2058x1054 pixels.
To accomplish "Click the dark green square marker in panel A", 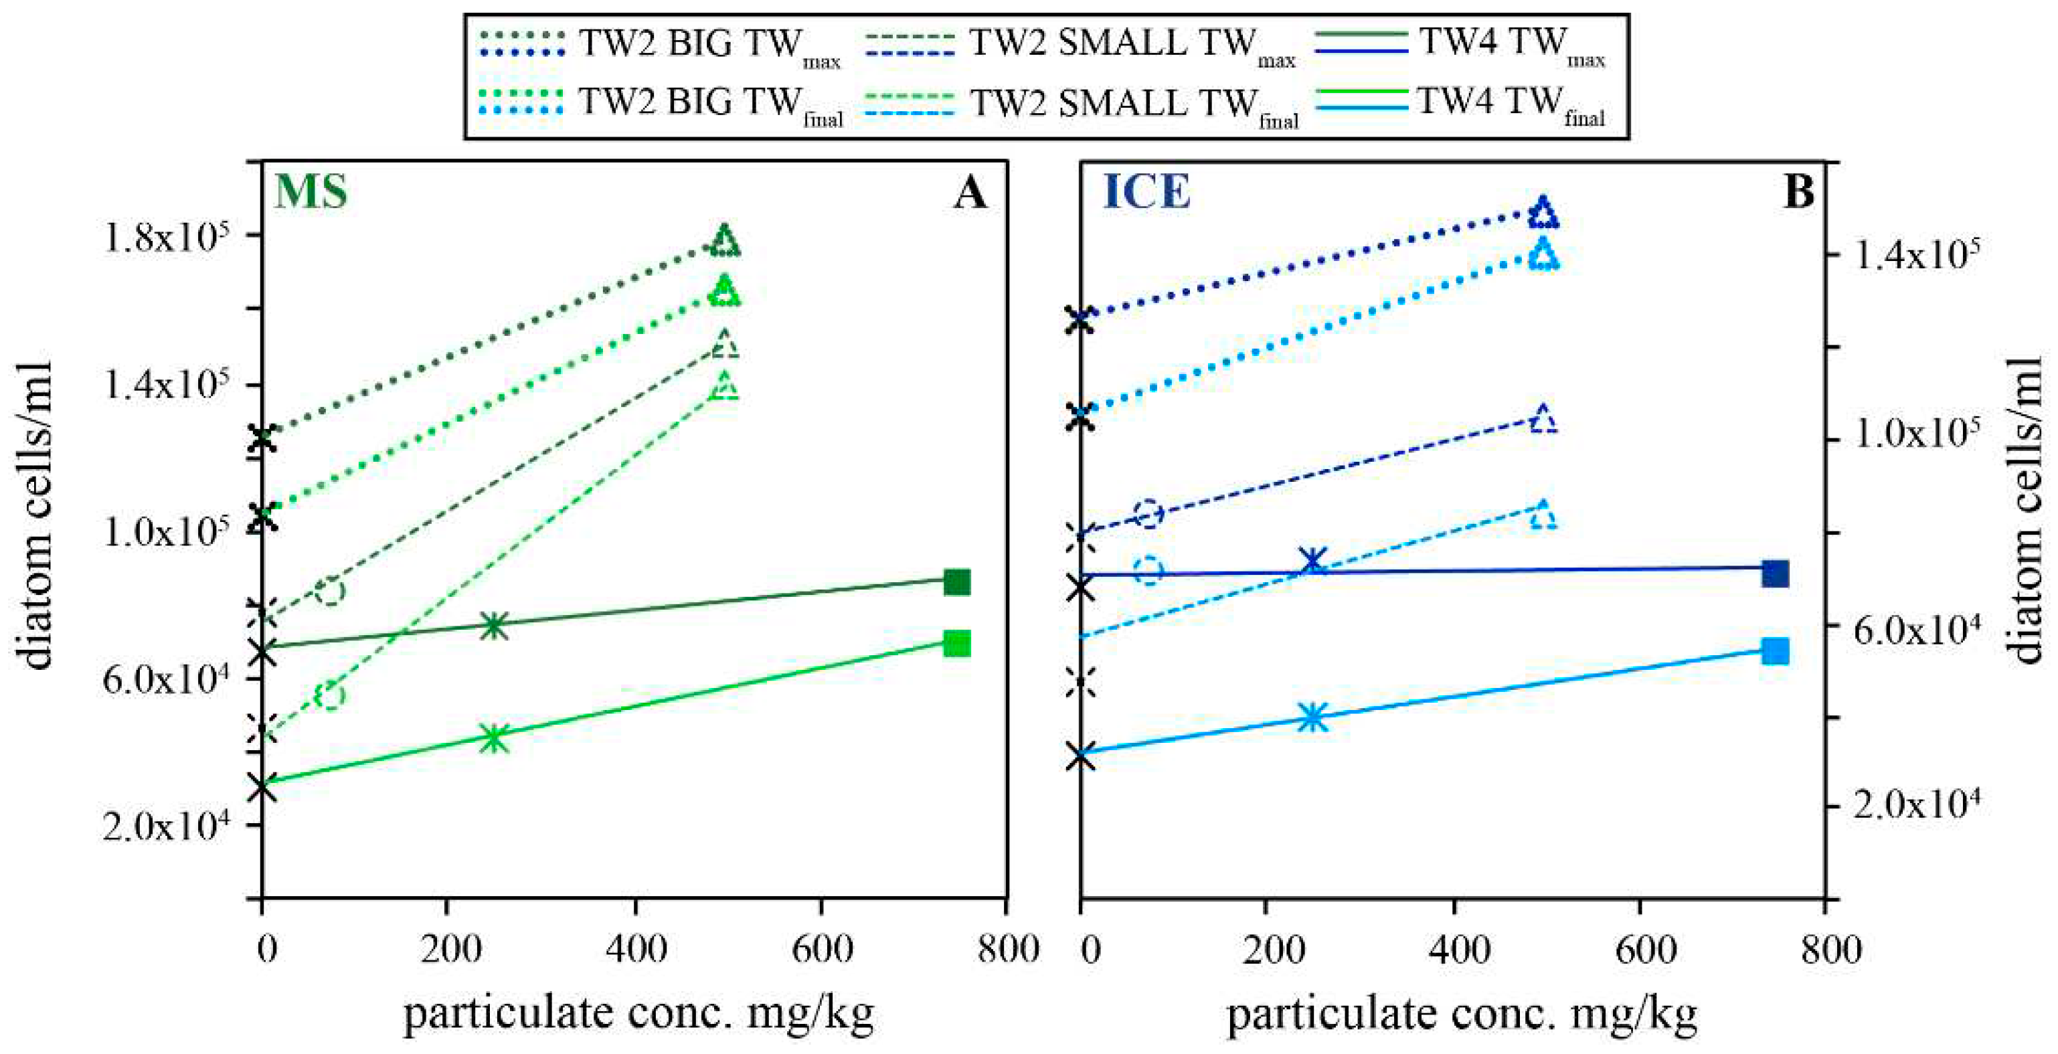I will click(x=956, y=582).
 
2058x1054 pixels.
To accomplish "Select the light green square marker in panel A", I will click(x=956, y=643).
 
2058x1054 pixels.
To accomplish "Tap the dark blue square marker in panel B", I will click(x=1774, y=574).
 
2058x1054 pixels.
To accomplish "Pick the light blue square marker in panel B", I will click(x=1774, y=651).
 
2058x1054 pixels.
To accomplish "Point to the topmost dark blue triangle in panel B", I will click(x=1543, y=213).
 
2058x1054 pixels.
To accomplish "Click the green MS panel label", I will click(x=311, y=193).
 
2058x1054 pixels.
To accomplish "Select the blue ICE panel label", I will click(x=1146, y=193).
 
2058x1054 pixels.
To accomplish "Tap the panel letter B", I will click(x=1798, y=193).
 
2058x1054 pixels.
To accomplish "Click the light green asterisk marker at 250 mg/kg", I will click(x=495, y=737).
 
